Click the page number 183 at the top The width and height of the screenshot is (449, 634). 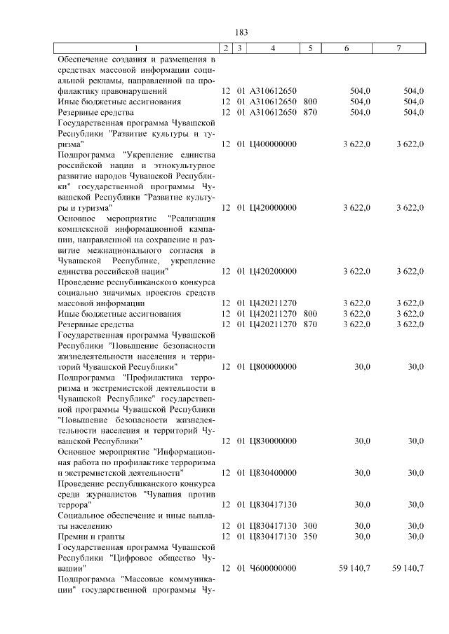tap(242, 32)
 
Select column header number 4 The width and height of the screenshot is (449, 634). tap(272, 48)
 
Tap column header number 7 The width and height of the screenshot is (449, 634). tap(398, 48)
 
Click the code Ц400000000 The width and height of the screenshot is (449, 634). tap(273, 144)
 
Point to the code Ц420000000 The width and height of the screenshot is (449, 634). tap(273, 207)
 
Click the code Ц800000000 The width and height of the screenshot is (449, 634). tap(273, 366)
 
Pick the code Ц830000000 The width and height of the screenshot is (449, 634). tap(273, 441)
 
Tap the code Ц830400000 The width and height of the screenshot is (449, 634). tap(273, 473)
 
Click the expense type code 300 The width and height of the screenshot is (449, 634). tap(310, 525)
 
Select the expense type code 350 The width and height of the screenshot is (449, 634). tap(310, 536)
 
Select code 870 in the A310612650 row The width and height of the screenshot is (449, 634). tap(310, 111)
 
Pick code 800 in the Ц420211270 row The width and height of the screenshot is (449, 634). tap(310, 314)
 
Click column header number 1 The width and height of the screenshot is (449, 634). tap(137, 48)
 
